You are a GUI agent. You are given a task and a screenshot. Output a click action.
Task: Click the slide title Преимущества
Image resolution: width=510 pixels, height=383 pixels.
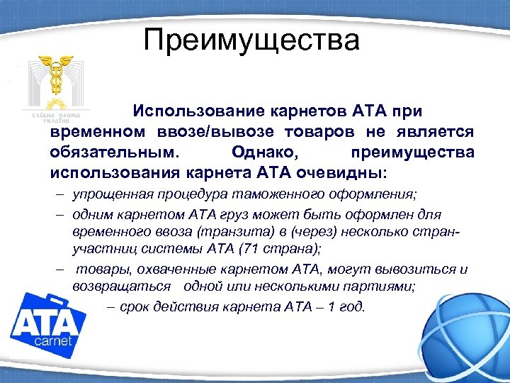[x=251, y=40]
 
